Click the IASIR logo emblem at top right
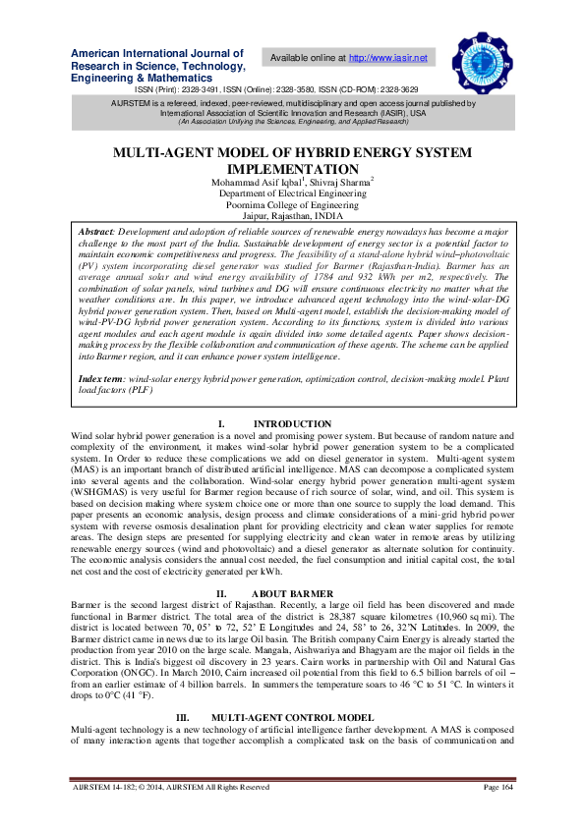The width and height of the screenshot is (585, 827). (x=483, y=60)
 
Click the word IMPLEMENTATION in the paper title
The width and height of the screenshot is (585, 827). (x=292, y=169)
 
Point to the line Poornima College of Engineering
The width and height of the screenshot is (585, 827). (x=292, y=206)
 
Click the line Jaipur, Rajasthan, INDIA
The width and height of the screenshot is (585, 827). (x=292, y=218)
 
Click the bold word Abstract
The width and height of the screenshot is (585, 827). (x=98, y=233)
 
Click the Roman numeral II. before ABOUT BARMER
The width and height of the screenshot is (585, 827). (x=221, y=594)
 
